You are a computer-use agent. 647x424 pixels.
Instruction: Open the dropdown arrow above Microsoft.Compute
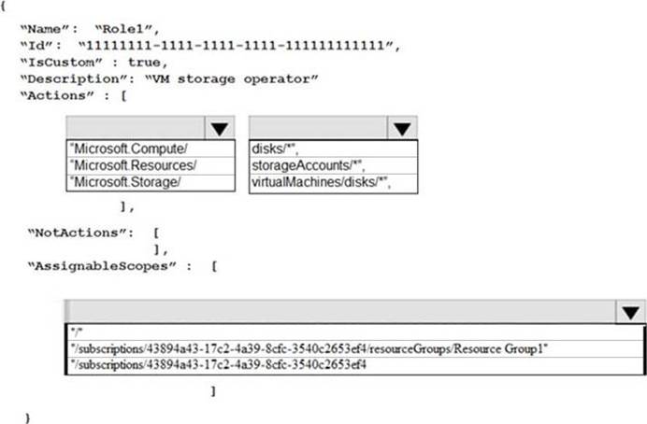tap(220, 128)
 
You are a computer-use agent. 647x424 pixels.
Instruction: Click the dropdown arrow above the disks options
tap(402, 128)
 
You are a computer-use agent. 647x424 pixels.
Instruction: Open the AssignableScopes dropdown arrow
tap(630, 312)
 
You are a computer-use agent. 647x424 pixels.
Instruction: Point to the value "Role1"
tap(127, 29)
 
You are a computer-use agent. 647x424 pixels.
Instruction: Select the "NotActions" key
tap(80, 233)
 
